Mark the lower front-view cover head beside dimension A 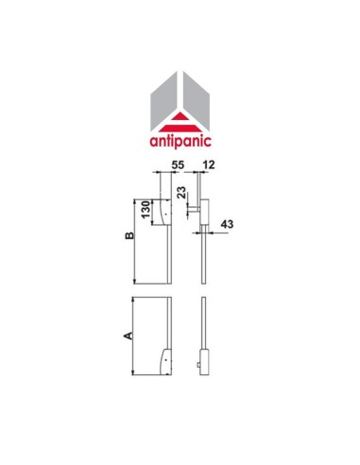(x=163, y=359)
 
